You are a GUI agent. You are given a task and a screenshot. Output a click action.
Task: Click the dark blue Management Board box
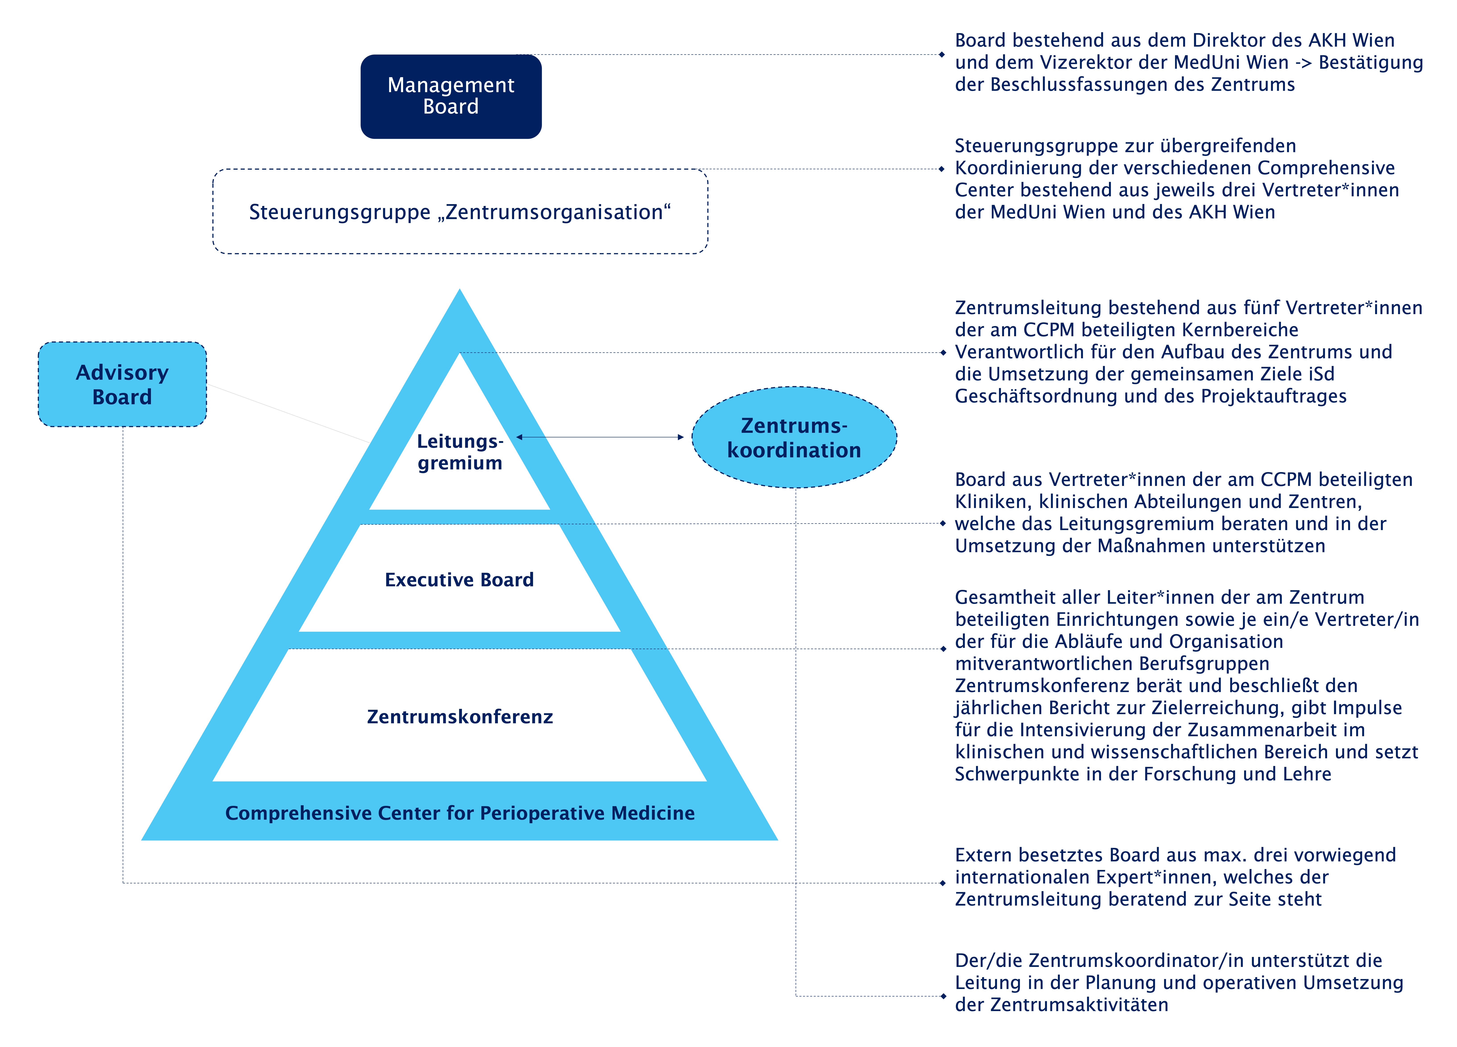click(x=451, y=96)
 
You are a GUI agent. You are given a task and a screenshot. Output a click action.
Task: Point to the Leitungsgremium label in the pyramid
click(x=460, y=452)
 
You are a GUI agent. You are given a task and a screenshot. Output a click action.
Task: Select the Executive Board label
click(x=459, y=580)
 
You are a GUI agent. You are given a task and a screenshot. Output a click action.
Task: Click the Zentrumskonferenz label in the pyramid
click(x=460, y=717)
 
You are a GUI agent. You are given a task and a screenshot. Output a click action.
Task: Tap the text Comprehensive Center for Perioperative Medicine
click(x=460, y=813)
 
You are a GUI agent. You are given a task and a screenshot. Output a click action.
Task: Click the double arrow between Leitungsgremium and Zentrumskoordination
click(x=600, y=437)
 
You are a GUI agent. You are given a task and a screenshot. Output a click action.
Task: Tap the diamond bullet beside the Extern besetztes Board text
click(x=942, y=883)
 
